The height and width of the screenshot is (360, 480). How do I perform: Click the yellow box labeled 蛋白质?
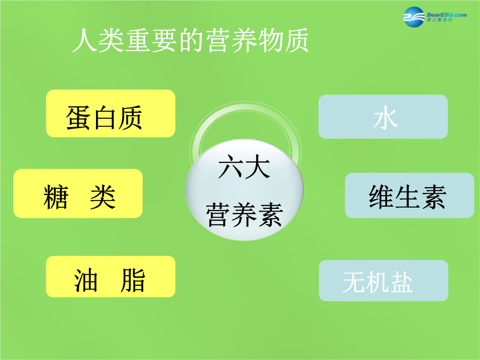click(x=111, y=113)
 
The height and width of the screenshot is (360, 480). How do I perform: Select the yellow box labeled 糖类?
click(x=78, y=193)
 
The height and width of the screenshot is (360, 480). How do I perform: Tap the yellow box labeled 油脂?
click(x=111, y=276)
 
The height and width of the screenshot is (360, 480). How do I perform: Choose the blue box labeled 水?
click(x=383, y=116)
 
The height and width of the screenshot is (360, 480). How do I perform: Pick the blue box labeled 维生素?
click(x=410, y=195)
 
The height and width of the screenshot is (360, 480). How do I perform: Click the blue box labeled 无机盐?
click(x=384, y=280)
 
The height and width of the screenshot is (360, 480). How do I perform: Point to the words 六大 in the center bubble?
click(x=244, y=167)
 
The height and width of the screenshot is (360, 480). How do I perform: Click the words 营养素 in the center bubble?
click(x=244, y=215)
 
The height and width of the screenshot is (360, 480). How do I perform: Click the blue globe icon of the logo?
click(x=414, y=17)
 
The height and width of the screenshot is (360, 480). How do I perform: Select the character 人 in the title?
click(x=85, y=40)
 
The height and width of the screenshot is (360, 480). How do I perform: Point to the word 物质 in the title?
click(x=284, y=40)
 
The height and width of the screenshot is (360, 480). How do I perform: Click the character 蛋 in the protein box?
click(x=78, y=117)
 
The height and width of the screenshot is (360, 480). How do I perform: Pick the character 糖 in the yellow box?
click(x=56, y=197)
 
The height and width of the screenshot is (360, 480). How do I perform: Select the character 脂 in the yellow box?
click(x=132, y=280)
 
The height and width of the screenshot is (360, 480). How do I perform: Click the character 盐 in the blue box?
click(x=401, y=282)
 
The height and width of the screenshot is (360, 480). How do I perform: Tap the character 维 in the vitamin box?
click(x=381, y=197)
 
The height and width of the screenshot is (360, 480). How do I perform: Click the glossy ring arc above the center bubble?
click(x=245, y=107)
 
